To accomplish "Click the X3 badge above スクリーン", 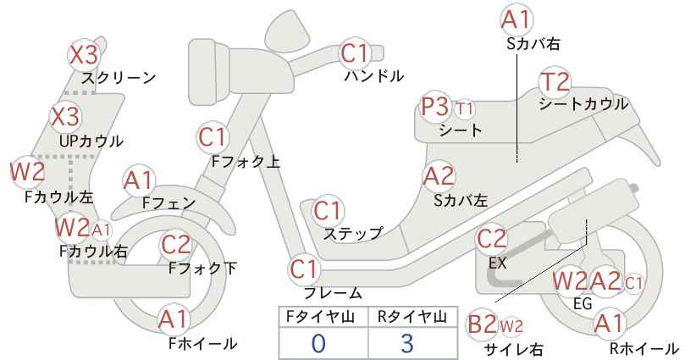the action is (x=84, y=55).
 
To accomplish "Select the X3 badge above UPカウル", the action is (x=65, y=116).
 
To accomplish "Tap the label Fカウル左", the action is (x=59, y=197).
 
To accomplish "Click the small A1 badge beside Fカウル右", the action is (x=102, y=230).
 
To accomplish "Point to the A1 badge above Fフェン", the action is (x=139, y=181).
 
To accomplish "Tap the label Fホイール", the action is (x=203, y=343).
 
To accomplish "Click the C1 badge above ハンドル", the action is (x=354, y=53).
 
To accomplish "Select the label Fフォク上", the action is (x=246, y=161).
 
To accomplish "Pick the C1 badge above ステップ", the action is (x=328, y=211).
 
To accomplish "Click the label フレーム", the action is (x=333, y=293).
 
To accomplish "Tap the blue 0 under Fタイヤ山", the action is (x=318, y=343).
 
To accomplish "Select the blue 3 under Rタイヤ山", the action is (x=407, y=343).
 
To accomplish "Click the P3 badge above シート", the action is (x=435, y=107).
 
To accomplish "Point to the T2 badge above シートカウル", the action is (x=555, y=82).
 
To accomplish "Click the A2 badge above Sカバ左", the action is (x=439, y=176).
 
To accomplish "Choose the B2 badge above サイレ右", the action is (x=482, y=324).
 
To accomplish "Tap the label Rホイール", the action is (x=644, y=348).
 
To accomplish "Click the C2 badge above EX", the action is (x=491, y=239).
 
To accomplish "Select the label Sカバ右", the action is (x=533, y=43).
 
